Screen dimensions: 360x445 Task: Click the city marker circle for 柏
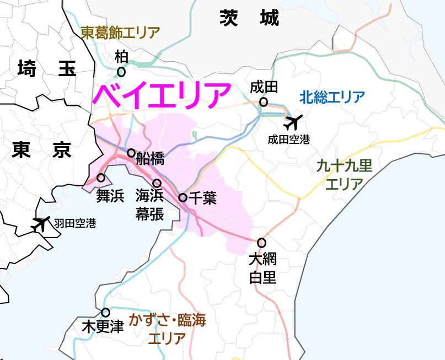click(121, 72)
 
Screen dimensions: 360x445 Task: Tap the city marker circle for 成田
click(264, 102)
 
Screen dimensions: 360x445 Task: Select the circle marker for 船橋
click(131, 153)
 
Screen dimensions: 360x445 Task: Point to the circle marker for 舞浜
click(101, 178)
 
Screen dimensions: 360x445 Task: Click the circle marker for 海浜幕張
click(157, 183)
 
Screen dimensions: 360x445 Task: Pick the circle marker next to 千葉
click(183, 197)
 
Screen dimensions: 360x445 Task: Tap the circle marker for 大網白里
click(261, 243)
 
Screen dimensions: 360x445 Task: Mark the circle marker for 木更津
click(106, 312)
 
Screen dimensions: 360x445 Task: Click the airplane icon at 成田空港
click(293, 121)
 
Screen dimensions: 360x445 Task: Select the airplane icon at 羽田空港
click(40, 224)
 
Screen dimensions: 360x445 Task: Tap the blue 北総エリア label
click(332, 98)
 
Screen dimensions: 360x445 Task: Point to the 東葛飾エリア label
click(120, 33)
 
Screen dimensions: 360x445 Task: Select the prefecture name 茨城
click(249, 18)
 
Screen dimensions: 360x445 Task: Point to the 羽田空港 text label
click(75, 224)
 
